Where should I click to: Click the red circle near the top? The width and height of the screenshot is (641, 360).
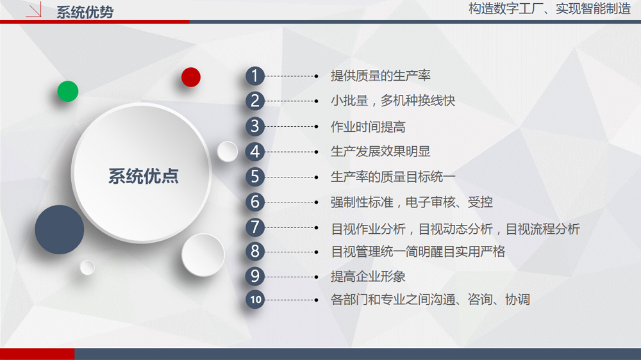click(x=191, y=78)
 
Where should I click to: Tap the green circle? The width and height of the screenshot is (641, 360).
click(x=68, y=91)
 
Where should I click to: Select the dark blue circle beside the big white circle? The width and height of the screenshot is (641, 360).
click(x=59, y=230)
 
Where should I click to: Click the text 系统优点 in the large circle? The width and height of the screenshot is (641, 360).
click(x=144, y=176)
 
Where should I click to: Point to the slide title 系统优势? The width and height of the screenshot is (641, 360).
click(x=85, y=12)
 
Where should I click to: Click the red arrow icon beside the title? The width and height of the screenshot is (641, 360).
click(x=34, y=10)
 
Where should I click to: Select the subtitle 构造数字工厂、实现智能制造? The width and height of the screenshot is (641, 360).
click(x=549, y=8)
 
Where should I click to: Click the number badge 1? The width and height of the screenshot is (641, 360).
click(x=255, y=76)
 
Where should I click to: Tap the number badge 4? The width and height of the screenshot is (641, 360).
click(x=255, y=152)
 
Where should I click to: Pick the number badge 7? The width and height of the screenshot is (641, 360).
click(x=255, y=227)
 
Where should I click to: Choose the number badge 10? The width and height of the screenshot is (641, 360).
click(x=255, y=300)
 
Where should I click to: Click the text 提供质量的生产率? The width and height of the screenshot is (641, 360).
click(x=381, y=76)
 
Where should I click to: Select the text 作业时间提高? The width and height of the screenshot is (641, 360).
click(x=368, y=127)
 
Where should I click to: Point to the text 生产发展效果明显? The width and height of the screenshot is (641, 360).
click(x=381, y=152)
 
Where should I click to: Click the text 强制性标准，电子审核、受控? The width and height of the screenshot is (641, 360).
click(x=412, y=202)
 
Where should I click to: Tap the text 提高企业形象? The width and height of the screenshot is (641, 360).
click(x=368, y=276)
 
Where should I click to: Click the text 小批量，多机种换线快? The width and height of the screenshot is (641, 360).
click(x=393, y=101)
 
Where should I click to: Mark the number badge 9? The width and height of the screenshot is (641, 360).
click(x=255, y=276)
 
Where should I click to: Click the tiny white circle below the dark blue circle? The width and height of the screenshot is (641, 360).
click(x=87, y=268)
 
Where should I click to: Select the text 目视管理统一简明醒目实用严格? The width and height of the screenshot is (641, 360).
click(x=418, y=251)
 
